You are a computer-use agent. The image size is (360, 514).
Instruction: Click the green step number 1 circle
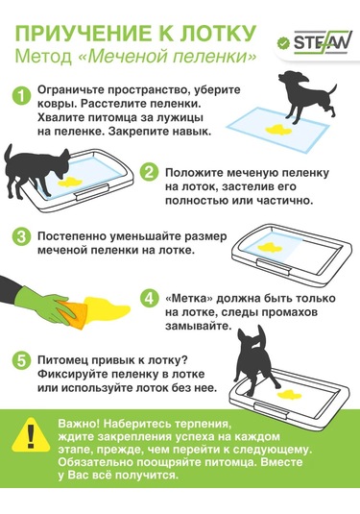[22, 96]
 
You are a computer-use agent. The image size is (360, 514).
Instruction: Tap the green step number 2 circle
[149, 172]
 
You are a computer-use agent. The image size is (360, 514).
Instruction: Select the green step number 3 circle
[22, 236]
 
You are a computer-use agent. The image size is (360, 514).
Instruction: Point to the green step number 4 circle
[149, 298]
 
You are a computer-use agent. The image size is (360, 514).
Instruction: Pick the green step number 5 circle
[22, 360]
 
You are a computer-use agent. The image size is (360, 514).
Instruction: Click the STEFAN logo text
[323, 42]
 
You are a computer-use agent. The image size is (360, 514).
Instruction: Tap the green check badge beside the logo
[283, 43]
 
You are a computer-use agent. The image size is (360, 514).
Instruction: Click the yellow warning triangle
[31, 434]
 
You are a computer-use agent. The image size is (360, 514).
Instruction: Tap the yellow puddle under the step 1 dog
[278, 130]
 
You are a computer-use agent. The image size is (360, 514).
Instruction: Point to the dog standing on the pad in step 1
[304, 96]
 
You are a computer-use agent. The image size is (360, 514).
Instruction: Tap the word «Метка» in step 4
[189, 298]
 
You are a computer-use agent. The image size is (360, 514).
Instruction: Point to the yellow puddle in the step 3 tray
[270, 248]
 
